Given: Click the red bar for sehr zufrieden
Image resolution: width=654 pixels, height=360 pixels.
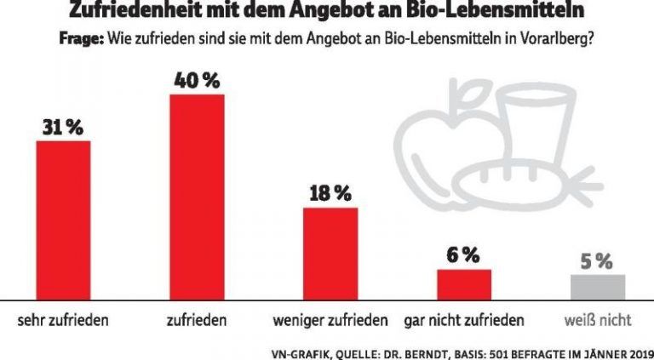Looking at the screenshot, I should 63,220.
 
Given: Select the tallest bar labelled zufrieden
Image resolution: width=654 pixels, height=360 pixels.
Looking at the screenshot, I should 198,197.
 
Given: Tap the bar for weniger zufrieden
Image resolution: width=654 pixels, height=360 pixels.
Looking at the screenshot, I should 330,253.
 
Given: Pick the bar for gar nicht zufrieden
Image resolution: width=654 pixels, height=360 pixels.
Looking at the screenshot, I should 464,283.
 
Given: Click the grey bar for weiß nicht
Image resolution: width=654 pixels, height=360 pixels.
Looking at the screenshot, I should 598,287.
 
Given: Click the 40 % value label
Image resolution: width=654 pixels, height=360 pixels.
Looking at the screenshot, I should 198,81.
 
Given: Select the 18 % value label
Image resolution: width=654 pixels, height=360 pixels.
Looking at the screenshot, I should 330,194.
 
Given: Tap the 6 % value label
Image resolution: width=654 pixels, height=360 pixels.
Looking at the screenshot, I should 464,255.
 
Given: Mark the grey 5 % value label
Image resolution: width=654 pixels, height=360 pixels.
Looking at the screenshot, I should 598,261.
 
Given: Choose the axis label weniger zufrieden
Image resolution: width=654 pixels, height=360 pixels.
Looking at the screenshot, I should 331,321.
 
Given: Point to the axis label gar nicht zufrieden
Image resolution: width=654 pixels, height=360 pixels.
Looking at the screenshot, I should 464,321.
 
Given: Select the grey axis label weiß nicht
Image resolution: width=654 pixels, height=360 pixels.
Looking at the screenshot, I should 598,321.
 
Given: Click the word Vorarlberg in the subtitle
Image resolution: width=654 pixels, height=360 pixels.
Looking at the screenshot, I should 557,39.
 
